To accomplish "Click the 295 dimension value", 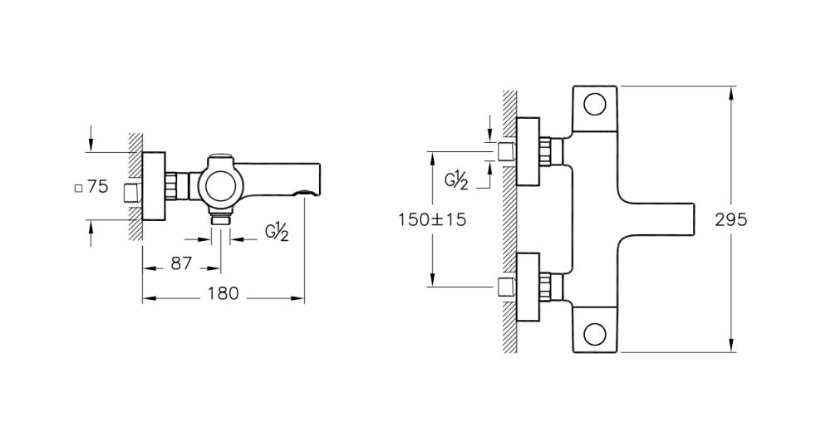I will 731,220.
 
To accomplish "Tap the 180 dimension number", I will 224,292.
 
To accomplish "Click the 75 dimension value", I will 98,187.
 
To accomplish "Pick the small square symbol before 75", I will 79,189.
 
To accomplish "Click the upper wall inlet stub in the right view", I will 505,152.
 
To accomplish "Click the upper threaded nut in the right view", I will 548,152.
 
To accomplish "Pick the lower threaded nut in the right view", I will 548,287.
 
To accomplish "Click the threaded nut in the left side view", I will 176,186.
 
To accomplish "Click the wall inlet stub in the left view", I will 131,192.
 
